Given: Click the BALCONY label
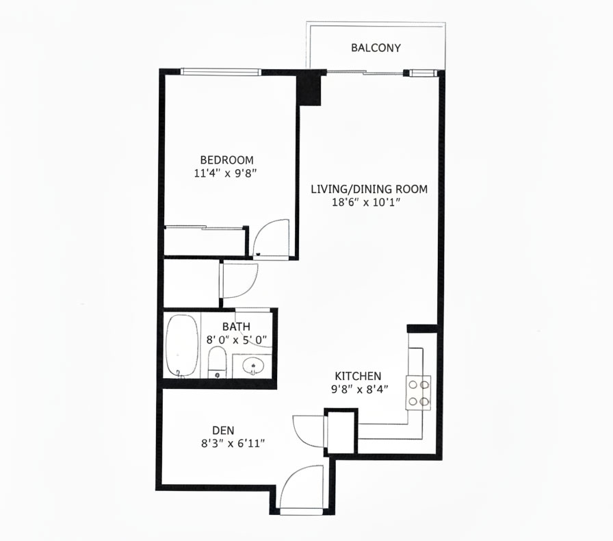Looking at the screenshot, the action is tap(376, 48).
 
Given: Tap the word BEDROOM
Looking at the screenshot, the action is tap(226, 160).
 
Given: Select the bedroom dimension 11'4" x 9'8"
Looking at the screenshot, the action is tap(225, 173).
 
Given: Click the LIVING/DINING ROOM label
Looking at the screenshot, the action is tap(369, 189).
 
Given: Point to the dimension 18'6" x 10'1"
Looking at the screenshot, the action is tap(366, 203).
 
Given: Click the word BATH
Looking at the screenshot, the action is tap(236, 327).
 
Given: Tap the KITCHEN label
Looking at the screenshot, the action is tap(358, 376).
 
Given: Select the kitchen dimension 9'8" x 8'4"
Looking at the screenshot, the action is tap(360, 390).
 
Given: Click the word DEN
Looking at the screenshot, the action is tap(223, 431).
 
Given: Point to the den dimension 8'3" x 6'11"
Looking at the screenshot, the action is tap(233, 444).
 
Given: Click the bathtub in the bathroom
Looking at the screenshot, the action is tap(182, 346).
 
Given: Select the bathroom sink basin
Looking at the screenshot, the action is tap(253, 367).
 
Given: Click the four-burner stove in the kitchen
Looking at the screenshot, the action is tap(418, 392).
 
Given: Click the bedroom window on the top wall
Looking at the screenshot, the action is tap(221, 72).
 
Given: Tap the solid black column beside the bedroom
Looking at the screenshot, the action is tap(309, 90).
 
